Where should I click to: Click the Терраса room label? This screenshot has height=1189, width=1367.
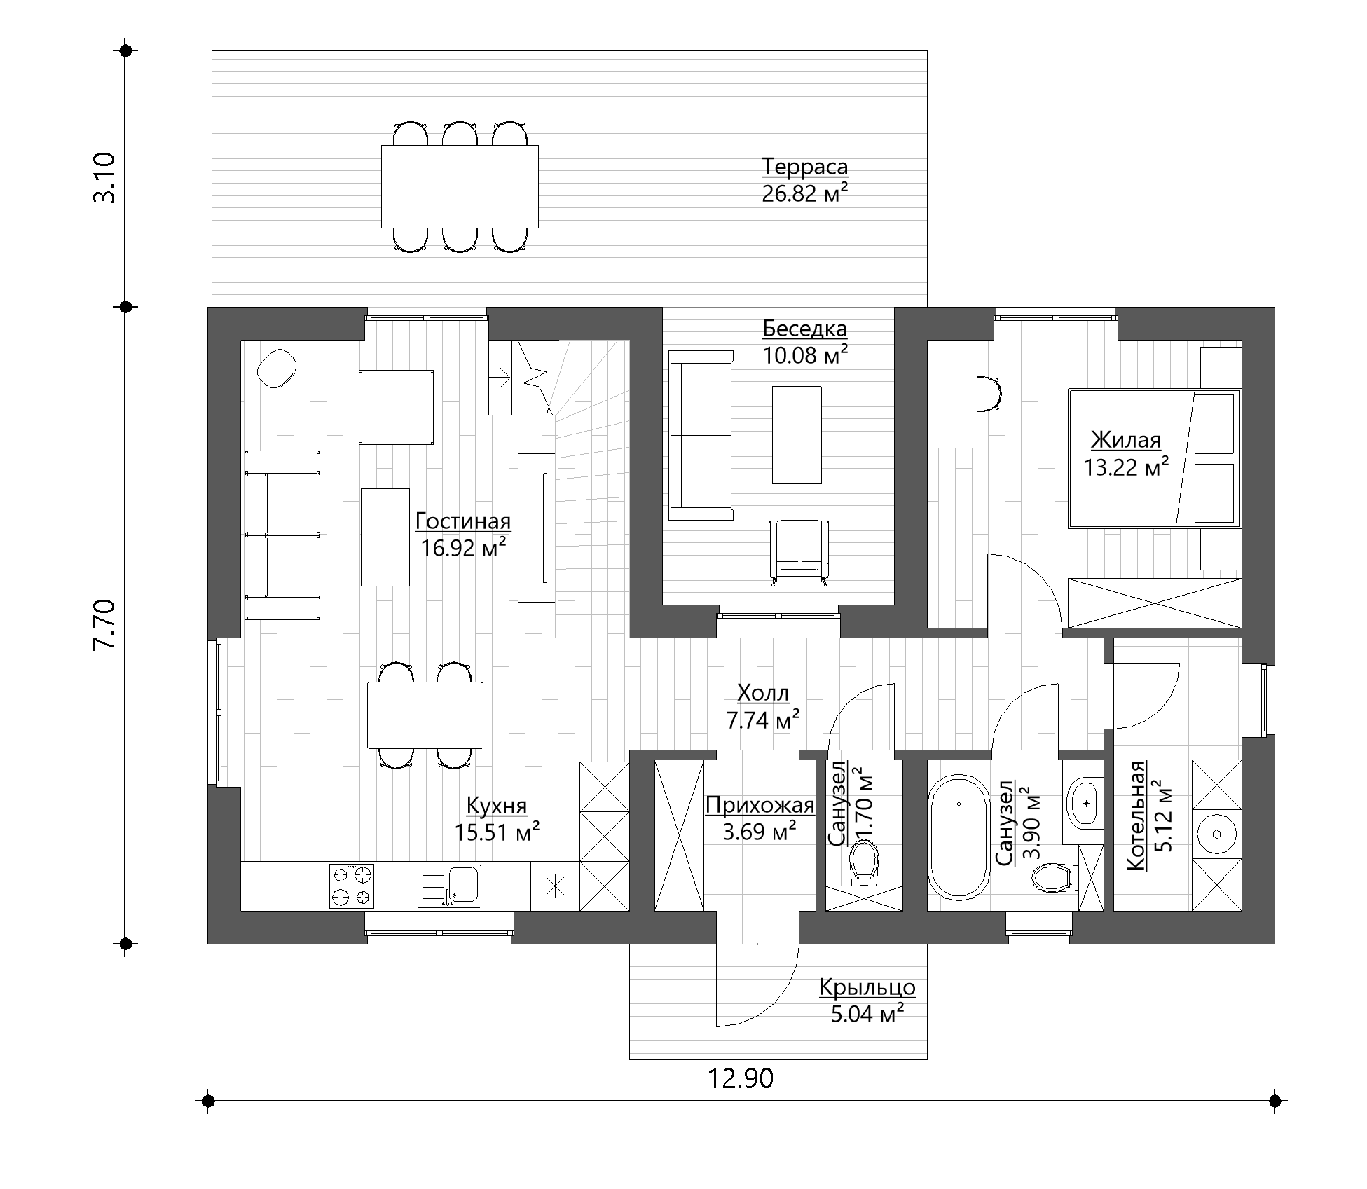[804, 167]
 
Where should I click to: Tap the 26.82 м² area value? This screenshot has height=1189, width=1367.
[804, 193]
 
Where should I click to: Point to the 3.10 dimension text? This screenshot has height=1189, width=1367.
[104, 178]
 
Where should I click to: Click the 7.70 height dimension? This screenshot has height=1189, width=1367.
[104, 625]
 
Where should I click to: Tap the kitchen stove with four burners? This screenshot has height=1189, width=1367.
[352, 886]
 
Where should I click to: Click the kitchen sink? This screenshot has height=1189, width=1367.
[449, 886]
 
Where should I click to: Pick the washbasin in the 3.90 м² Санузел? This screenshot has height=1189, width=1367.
[1085, 803]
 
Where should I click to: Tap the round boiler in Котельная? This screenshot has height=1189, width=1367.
[1218, 834]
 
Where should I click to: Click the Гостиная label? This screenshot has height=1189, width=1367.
[463, 521]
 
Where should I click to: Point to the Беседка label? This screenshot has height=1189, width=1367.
[805, 329]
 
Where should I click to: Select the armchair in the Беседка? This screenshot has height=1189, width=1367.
[799, 551]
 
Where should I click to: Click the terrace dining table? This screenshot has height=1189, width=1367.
[460, 186]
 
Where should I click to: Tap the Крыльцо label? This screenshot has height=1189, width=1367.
[867, 987]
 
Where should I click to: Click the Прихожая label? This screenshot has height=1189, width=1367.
[760, 806]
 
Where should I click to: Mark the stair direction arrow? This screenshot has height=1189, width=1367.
[500, 379]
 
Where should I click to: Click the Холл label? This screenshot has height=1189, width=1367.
[763, 694]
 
